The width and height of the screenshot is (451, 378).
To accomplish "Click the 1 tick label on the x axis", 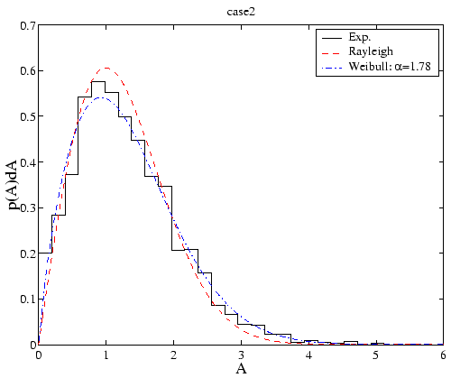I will (106, 355).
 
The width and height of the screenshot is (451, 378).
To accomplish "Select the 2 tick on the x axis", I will (174, 355).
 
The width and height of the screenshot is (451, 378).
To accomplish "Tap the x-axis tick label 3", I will (241, 355).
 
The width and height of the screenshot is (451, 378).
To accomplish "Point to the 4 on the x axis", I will (308, 355).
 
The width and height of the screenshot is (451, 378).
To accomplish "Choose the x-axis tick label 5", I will (376, 355).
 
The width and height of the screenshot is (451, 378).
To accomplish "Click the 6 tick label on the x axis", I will (443, 355).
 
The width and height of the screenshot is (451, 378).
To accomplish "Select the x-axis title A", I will (241, 368).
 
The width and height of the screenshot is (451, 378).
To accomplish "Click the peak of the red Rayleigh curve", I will (106, 68).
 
